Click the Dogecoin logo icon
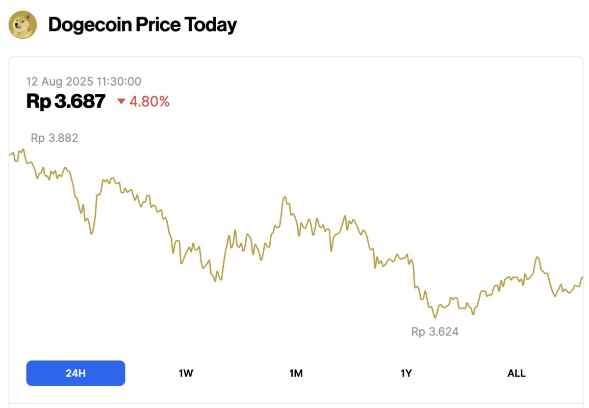tap(23, 24)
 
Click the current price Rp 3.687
tap(66, 101)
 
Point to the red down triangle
tap(121, 101)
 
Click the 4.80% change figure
tap(149, 101)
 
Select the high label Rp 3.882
tap(55, 138)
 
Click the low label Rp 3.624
tap(435, 331)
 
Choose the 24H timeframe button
tap(75, 373)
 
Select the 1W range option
tap(186, 373)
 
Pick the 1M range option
tap(296, 373)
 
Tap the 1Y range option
tap(406, 373)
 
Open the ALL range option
tap(516, 373)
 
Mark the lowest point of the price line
tap(435, 317)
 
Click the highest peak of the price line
tap(23, 149)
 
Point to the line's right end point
tap(582, 277)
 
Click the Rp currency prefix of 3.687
tap(38, 101)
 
